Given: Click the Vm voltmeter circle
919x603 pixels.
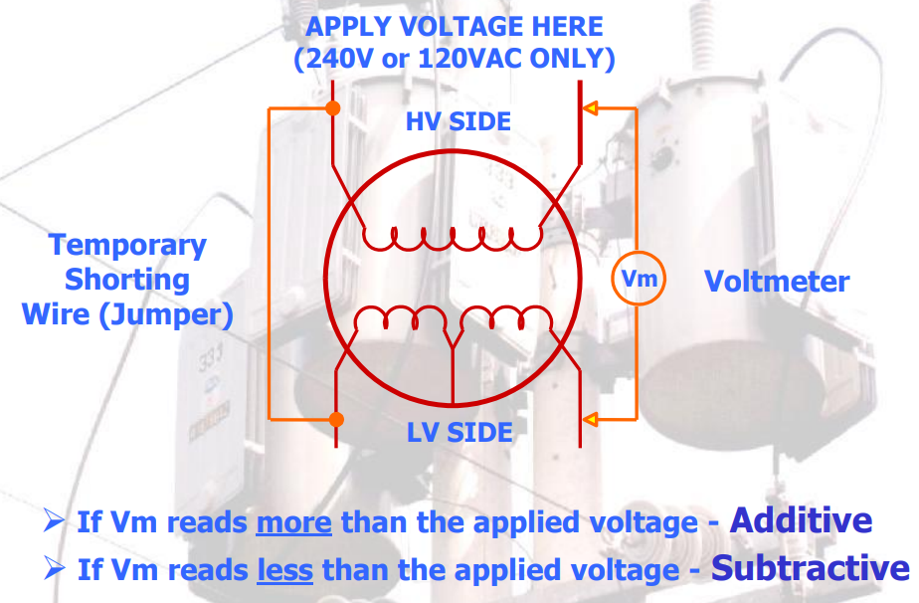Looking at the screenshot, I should tap(638, 279).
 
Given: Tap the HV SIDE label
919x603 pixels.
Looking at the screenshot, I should tap(459, 121).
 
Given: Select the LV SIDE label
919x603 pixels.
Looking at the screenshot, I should tap(459, 433).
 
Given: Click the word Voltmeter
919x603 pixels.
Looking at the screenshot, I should tap(777, 282).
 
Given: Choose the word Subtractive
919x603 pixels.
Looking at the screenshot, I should tap(811, 568).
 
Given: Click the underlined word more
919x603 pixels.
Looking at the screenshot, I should tap(293, 522).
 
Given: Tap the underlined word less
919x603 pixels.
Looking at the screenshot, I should tap(284, 570).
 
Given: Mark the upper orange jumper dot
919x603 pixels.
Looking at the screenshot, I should tap(333, 107).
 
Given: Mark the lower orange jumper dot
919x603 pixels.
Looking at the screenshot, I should tap(336, 419).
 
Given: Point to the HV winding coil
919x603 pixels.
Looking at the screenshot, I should tap(453, 239).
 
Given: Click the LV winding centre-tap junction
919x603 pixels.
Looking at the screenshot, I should tap(453, 347).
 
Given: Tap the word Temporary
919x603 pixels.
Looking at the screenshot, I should tap(127, 245).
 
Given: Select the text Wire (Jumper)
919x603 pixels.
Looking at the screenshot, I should tap(127, 315).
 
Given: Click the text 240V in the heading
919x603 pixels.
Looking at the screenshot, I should tap(333, 59).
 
